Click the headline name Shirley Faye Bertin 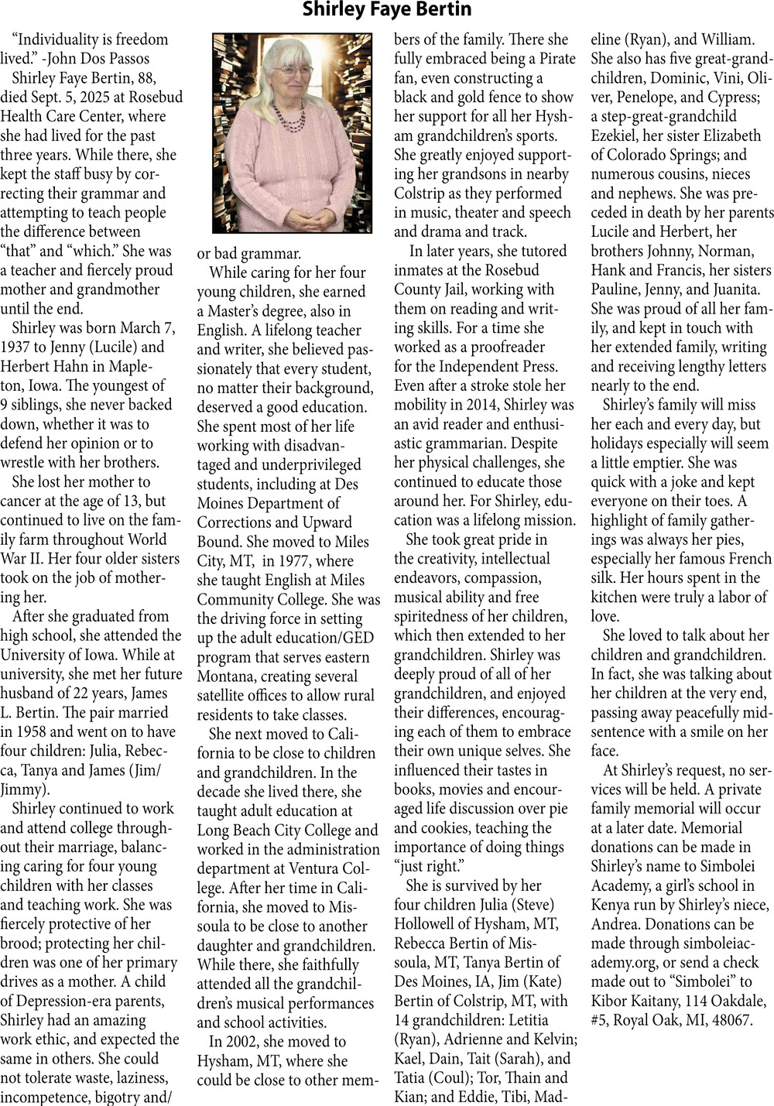click(386, 10)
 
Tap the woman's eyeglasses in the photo click(293, 71)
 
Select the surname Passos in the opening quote click(124, 59)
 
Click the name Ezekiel click(615, 135)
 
